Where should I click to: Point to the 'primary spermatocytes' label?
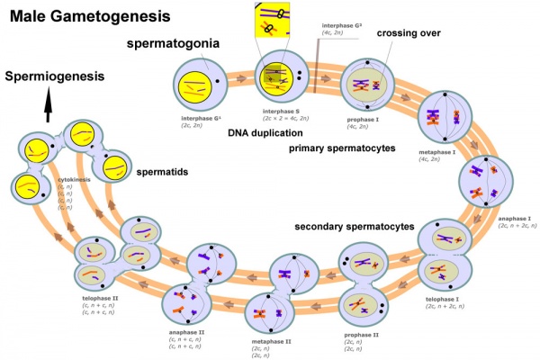point(342,148)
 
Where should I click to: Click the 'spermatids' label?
point(162,170)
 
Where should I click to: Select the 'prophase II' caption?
point(361,335)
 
